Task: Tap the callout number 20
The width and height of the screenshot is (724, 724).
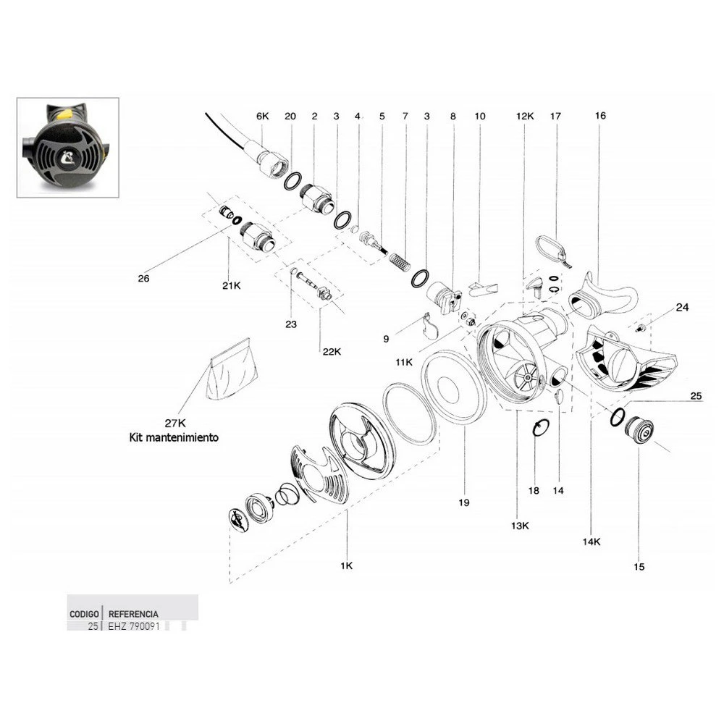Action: pyautogui.click(x=290, y=116)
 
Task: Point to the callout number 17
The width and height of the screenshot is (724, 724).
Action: pyautogui.click(x=556, y=116)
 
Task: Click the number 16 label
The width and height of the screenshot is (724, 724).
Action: pyautogui.click(x=600, y=116)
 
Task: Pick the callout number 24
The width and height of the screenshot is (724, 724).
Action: pyautogui.click(x=682, y=307)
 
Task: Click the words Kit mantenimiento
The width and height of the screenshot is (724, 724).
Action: pyautogui.click(x=173, y=438)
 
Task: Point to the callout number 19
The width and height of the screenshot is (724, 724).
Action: pyautogui.click(x=464, y=501)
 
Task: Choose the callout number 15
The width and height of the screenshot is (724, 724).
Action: pyautogui.click(x=639, y=567)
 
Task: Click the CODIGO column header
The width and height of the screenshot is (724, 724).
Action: pyautogui.click(x=84, y=613)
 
